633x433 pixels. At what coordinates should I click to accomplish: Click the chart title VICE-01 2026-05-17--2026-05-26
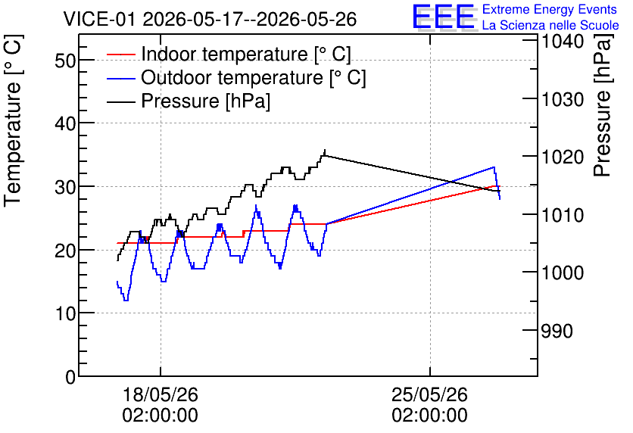coord(210,19)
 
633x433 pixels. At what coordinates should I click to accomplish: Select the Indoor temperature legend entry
coord(229,54)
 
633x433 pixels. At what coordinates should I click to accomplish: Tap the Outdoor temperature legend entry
coord(236,77)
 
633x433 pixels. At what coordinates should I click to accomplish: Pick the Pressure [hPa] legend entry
coord(189,101)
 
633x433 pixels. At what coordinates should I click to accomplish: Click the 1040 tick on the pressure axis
coord(563,41)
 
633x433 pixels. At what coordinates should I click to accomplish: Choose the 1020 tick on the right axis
coord(563,157)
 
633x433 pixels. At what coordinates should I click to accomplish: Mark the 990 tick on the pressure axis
coord(557,331)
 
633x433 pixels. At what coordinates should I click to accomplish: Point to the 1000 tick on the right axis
coord(563,273)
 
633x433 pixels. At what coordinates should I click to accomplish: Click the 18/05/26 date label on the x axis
coord(161,394)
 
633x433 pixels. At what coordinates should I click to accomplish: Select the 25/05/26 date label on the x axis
coord(429,394)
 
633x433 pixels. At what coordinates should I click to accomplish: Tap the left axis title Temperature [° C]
coord(13,121)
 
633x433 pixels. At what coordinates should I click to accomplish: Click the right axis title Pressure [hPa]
coord(603,105)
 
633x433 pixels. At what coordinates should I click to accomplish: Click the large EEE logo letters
coord(444,17)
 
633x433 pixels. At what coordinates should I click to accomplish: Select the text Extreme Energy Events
coord(550,9)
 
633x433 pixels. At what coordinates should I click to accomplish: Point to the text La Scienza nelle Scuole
coord(550,25)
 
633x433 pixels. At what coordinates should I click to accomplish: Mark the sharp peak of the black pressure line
coord(325,150)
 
